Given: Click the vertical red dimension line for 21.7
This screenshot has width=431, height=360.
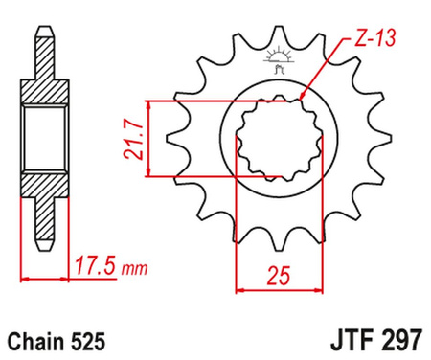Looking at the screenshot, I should tap(147, 139).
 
